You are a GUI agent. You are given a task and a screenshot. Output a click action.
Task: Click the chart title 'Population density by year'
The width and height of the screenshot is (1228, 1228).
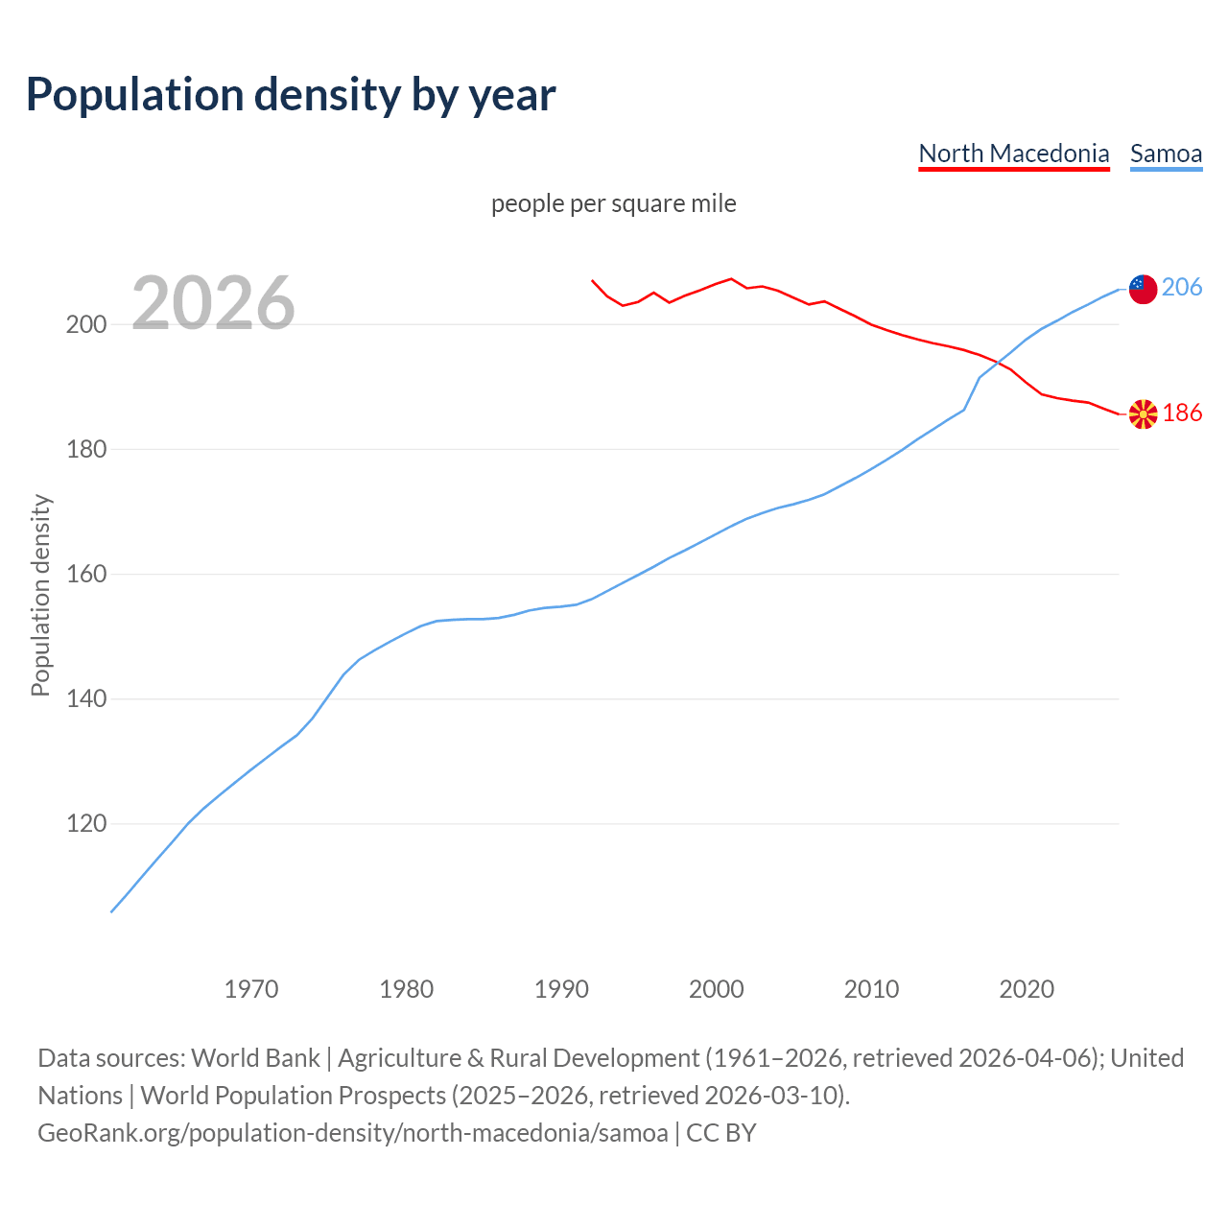(291, 94)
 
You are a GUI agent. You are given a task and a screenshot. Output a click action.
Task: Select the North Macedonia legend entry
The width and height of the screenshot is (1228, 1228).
(1013, 153)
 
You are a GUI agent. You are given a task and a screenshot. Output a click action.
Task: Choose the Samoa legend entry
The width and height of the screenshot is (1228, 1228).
(1166, 153)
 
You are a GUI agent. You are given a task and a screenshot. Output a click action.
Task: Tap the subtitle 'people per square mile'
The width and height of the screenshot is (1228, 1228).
(613, 203)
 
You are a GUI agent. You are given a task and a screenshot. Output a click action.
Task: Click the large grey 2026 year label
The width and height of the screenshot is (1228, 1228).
(213, 303)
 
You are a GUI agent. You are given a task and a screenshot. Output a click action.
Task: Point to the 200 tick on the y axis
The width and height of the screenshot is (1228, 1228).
(85, 324)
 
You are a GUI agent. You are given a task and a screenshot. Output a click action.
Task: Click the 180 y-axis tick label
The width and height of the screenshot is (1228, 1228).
(85, 449)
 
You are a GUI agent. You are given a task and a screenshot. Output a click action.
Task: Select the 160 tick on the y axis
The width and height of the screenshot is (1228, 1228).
(85, 575)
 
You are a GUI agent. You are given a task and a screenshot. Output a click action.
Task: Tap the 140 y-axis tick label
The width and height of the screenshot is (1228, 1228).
(85, 699)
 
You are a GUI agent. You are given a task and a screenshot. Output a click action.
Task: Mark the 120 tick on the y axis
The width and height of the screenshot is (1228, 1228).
(85, 824)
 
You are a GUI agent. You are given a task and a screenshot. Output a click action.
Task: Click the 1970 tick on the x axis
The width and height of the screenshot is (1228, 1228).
(251, 988)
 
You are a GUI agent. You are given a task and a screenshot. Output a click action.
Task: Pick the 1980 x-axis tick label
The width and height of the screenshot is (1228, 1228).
(407, 988)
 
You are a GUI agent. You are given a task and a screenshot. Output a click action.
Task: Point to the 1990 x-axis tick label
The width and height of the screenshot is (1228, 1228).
(561, 988)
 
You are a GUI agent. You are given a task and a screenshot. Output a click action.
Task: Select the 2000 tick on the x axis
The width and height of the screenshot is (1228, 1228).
(717, 988)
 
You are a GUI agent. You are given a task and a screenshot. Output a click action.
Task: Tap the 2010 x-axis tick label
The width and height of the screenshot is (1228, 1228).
(871, 988)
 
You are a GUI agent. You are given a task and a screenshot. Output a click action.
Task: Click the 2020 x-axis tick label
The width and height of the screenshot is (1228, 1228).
(1027, 988)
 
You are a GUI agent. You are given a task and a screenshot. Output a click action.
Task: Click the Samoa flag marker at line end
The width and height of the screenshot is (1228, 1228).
(1143, 289)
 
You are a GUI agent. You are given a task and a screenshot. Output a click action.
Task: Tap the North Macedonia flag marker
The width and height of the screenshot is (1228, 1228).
(1143, 414)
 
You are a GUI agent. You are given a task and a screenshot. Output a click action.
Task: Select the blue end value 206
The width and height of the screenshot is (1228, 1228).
(1182, 287)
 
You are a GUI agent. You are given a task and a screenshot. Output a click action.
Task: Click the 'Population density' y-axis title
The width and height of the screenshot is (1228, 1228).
(40, 595)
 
